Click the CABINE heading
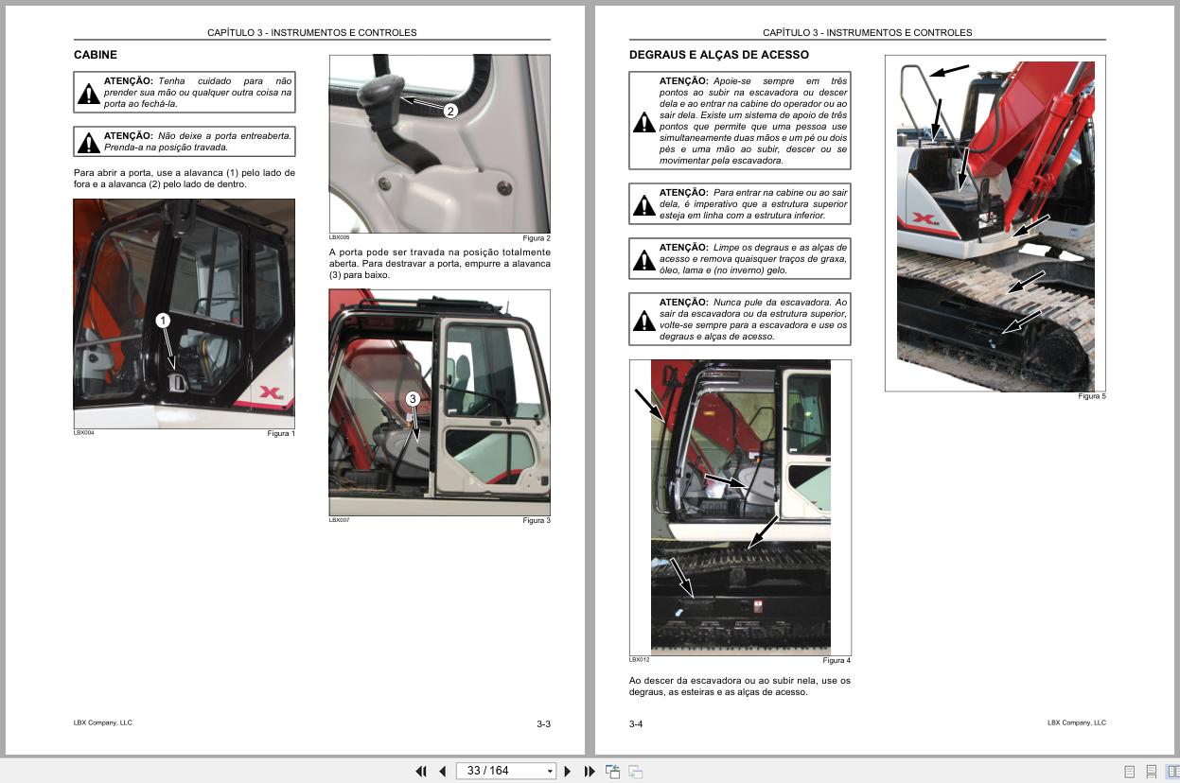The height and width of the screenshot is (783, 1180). pyautogui.click(x=96, y=55)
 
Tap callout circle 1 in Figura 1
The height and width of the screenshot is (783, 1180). pyautogui.click(x=163, y=321)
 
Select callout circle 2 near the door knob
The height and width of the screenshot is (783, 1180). pyautogui.click(x=450, y=111)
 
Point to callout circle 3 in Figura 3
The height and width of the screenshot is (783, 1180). pyautogui.click(x=412, y=398)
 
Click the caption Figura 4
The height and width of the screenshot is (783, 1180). pyautogui.click(x=836, y=660)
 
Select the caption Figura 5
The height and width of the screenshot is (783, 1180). pyautogui.click(x=1090, y=396)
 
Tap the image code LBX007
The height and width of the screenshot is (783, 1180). pyautogui.click(x=339, y=520)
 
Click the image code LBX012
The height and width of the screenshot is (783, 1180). pyautogui.click(x=639, y=659)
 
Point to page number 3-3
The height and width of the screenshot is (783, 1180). pyautogui.click(x=543, y=724)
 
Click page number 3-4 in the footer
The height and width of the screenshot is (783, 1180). pyautogui.click(x=636, y=724)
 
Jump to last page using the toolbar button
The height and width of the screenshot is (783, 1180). pyautogui.click(x=590, y=771)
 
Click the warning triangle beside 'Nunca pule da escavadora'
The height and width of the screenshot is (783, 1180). pyautogui.click(x=643, y=320)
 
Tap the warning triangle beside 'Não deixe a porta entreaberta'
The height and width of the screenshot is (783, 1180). pyautogui.click(x=88, y=143)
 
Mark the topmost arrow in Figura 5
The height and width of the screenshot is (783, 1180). pyautogui.click(x=950, y=70)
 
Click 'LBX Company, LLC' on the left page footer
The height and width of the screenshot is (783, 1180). pyautogui.click(x=102, y=722)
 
